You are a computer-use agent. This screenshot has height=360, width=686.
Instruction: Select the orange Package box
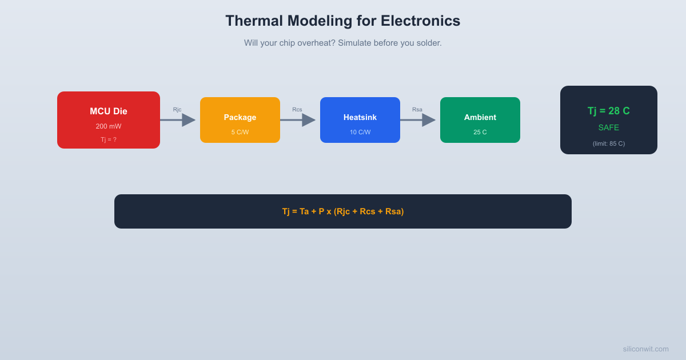click(x=240, y=120)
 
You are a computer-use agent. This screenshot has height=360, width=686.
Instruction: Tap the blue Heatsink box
click(x=360, y=120)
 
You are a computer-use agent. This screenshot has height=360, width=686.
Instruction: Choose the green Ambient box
click(x=480, y=120)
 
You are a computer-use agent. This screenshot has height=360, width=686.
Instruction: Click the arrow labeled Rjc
click(x=178, y=120)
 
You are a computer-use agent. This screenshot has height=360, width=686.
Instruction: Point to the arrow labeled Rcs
click(x=298, y=120)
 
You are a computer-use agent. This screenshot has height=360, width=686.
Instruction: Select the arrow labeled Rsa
click(x=418, y=120)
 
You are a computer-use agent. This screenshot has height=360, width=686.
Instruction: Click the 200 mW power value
click(x=109, y=126)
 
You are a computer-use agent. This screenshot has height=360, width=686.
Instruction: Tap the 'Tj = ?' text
click(x=109, y=139)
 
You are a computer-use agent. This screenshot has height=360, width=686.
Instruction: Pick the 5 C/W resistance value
click(x=240, y=132)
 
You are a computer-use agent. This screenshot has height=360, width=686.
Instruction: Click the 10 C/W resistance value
click(x=360, y=132)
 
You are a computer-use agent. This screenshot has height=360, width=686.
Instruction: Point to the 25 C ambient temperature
click(x=480, y=132)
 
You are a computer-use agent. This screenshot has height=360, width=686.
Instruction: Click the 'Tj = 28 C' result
click(x=609, y=111)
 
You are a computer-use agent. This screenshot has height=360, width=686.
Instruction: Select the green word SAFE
click(x=609, y=127)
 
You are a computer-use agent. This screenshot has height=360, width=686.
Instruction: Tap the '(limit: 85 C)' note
click(x=609, y=143)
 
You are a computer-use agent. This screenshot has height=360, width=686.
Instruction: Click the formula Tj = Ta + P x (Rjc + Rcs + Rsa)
click(x=343, y=211)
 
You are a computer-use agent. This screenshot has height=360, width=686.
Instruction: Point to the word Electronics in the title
click(x=420, y=21)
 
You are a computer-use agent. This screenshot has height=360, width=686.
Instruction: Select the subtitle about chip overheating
click(x=343, y=43)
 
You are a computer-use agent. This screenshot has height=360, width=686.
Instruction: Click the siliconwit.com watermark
click(x=645, y=349)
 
